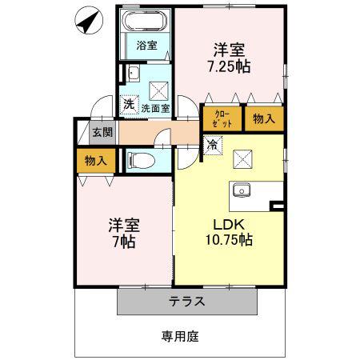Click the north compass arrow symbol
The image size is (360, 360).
point(89,21)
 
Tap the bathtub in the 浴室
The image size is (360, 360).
point(145,20)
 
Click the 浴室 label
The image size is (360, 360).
point(146,46)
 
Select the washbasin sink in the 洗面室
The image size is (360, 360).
point(134,74)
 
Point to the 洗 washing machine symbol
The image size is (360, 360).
point(129,104)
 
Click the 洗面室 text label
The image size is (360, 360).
point(155,109)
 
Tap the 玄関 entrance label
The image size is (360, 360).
point(102,132)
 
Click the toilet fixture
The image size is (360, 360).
point(142,161)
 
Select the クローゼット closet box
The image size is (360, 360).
point(222,118)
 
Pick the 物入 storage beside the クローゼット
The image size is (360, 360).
point(264,118)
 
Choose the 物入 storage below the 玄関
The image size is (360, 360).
point(96,161)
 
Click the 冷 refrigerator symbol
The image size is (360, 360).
point(213,145)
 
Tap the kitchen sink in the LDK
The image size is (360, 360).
point(242,190)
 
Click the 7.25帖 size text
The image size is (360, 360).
point(229,67)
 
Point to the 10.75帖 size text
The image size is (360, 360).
point(229,239)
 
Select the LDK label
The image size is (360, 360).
point(229,225)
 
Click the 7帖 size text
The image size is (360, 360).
point(124,242)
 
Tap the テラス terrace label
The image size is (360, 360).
point(187,302)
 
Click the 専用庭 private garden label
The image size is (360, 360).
point(180,337)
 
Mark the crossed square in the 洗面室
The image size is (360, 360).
point(158,91)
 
